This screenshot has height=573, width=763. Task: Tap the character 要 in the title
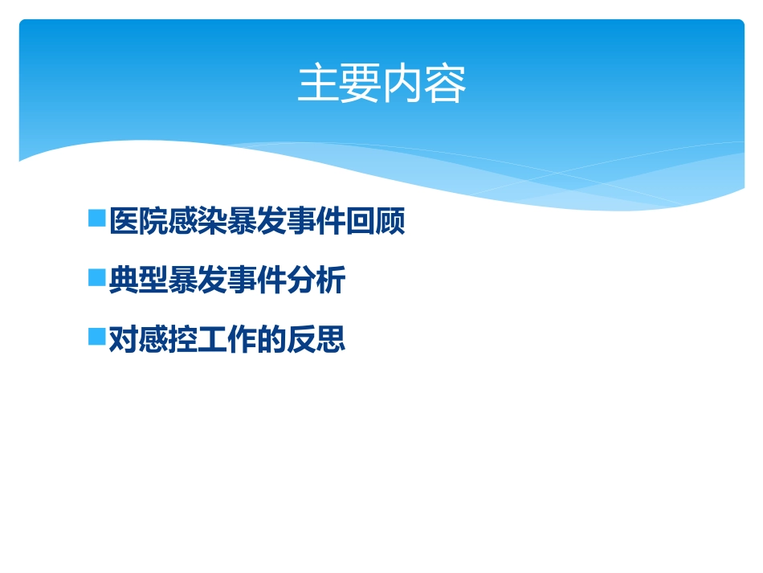point(361,84)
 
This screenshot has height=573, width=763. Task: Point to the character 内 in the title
point(403,84)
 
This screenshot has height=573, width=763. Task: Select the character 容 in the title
point(446,84)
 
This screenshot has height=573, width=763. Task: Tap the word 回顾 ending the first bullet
point(376,221)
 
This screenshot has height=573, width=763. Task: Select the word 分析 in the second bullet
point(316,280)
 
